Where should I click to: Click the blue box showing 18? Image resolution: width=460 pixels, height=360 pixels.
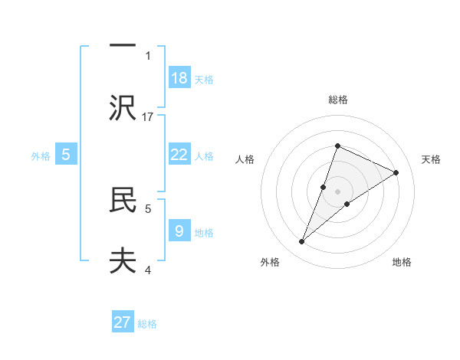[x=179, y=77]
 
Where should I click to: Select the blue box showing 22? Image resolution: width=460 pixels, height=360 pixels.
[x=179, y=154]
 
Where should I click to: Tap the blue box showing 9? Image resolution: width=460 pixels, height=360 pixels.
[x=179, y=230]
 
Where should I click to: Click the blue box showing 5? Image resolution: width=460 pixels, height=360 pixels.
[x=66, y=154]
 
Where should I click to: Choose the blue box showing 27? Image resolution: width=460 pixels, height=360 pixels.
[x=123, y=322]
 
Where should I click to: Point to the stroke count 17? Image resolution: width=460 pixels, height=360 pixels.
[x=149, y=116]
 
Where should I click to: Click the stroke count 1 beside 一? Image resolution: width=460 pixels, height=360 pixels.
[x=148, y=55]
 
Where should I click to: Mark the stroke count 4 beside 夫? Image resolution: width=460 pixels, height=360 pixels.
[x=148, y=269]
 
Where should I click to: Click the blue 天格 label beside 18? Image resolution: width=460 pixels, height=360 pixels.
[x=203, y=79]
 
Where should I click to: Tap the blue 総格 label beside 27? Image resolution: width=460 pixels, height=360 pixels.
[x=147, y=323]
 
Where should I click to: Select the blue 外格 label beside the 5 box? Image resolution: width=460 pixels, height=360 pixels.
[x=41, y=155]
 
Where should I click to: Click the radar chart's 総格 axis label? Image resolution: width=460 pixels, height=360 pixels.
[x=337, y=100]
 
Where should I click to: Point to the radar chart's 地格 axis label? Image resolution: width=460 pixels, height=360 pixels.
[x=402, y=262]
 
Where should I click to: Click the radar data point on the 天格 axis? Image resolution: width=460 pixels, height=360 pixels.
[x=396, y=172]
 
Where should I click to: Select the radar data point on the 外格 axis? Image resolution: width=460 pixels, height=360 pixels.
[x=302, y=242]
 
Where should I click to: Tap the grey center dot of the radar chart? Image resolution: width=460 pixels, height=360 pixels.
[x=337, y=191]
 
